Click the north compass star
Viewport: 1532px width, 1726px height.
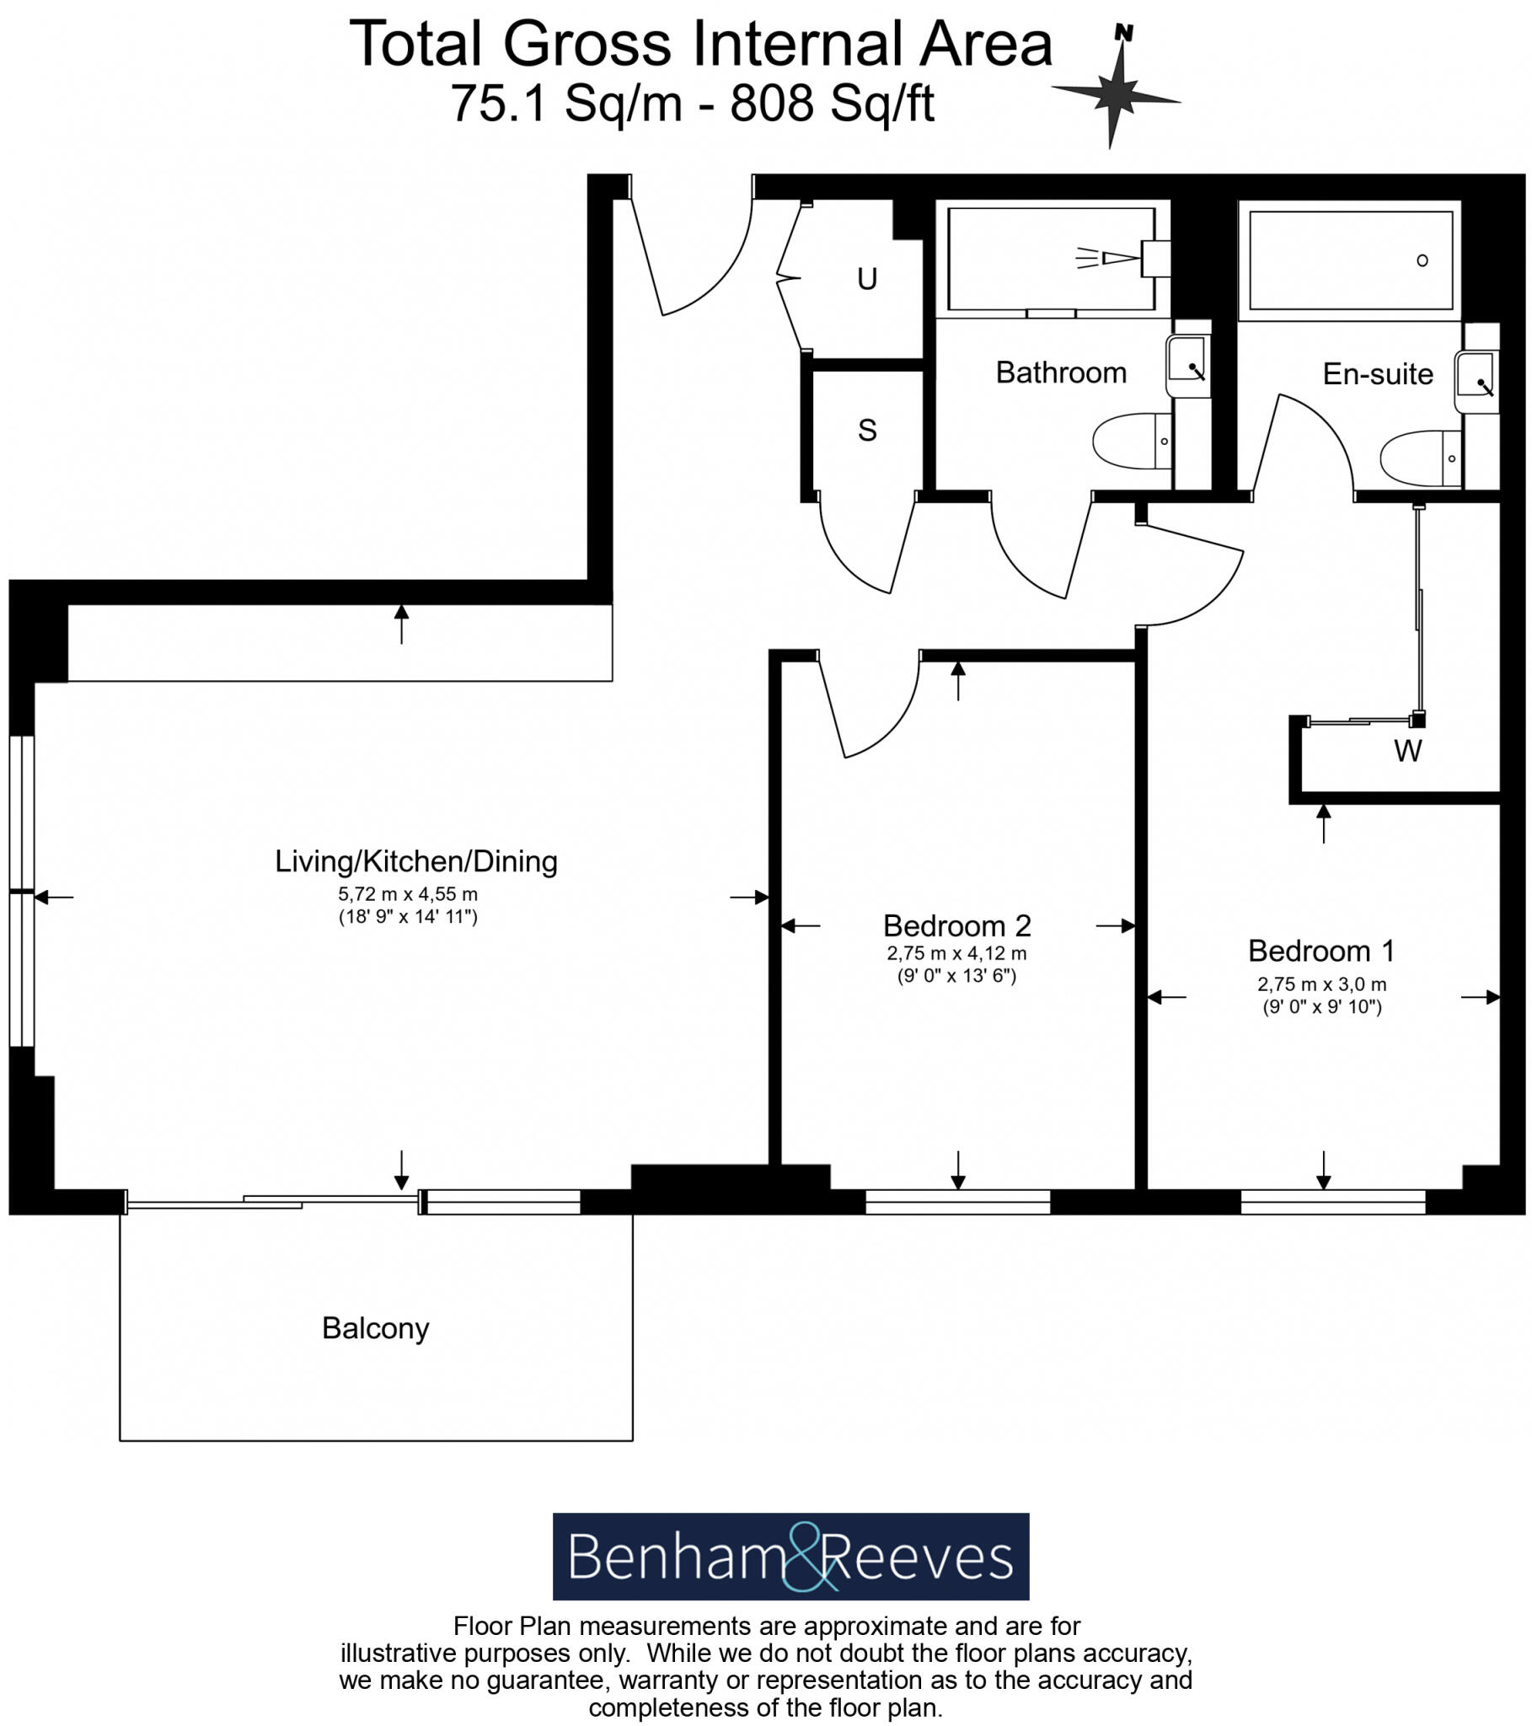[x=1117, y=92]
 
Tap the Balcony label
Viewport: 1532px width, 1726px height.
[x=376, y=1328]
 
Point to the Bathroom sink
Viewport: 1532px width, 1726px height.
[x=1187, y=364]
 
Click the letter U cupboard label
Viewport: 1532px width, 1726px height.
[x=866, y=280]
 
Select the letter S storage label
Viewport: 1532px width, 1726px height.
[x=866, y=431]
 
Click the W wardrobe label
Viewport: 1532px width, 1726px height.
[x=1407, y=751]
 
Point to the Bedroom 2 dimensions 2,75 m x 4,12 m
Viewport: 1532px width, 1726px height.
[x=956, y=953]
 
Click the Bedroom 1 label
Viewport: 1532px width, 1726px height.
[x=1320, y=951]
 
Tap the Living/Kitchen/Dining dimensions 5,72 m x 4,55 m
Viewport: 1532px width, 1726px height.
[x=408, y=893]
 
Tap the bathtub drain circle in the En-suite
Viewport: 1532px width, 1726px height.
[x=1422, y=260]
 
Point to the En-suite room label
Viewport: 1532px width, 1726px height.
[x=1378, y=374]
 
